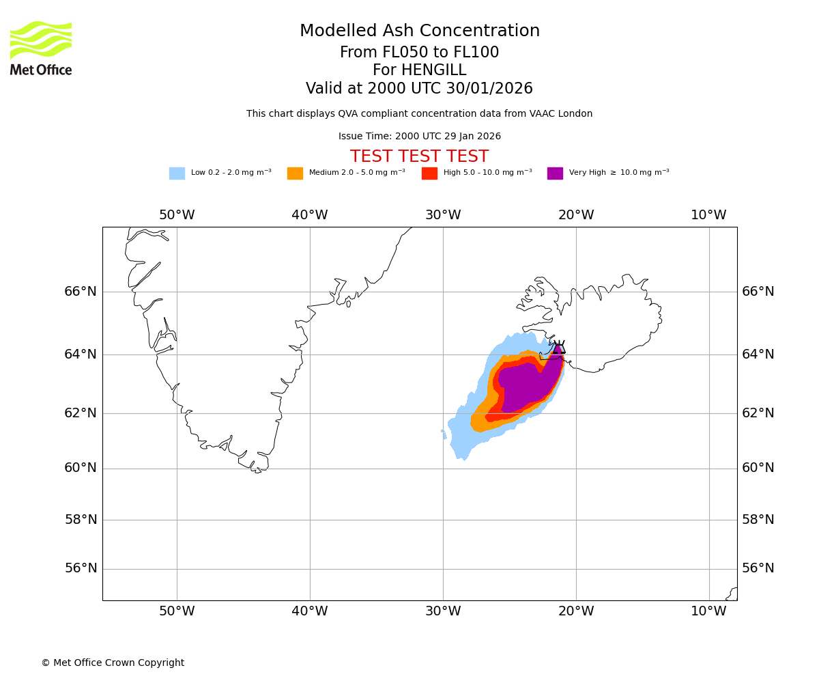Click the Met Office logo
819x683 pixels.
(41, 48)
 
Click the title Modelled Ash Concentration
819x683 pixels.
(419, 31)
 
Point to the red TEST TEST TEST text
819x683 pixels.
(419, 156)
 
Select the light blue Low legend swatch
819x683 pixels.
(177, 173)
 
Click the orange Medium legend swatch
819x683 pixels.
(295, 173)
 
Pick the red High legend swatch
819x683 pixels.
(429, 173)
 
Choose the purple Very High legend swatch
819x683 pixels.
(555, 173)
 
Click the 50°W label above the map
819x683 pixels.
(177, 215)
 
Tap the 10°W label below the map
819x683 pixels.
(708, 611)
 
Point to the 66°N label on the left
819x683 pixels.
(81, 292)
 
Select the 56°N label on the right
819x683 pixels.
(758, 568)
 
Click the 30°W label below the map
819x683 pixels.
(443, 611)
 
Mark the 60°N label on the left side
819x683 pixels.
(81, 468)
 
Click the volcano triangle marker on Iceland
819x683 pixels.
(559, 347)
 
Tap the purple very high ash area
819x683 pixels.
(526, 386)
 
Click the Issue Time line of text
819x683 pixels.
(419, 137)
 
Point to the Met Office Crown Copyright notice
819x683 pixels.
(113, 663)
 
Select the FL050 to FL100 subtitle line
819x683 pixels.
(419, 53)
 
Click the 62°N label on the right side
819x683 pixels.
(758, 413)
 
